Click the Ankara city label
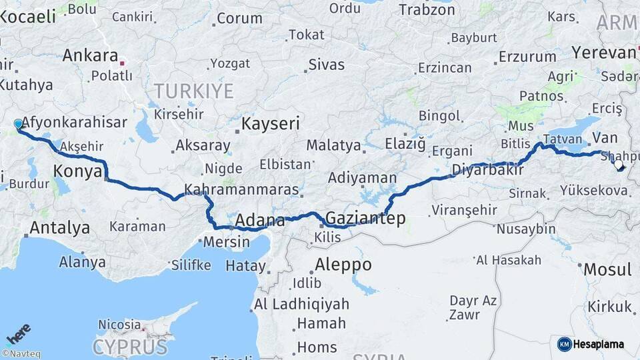(x=90, y=56)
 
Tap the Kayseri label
(x=270, y=124)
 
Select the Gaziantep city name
(x=365, y=219)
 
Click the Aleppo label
(x=343, y=264)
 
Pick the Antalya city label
(x=60, y=228)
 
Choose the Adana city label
(x=256, y=220)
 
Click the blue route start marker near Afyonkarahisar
(x=18, y=123)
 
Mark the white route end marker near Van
(x=618, y=164)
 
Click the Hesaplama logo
(x=591, y=344)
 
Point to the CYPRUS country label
(x=129, y=347)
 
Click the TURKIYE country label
(x=193, y=91)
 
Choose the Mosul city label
(x=607, y=269)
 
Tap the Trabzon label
(x=427, y=9)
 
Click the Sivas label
(x=327, y=65)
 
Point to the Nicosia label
(x=119, y=325)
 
